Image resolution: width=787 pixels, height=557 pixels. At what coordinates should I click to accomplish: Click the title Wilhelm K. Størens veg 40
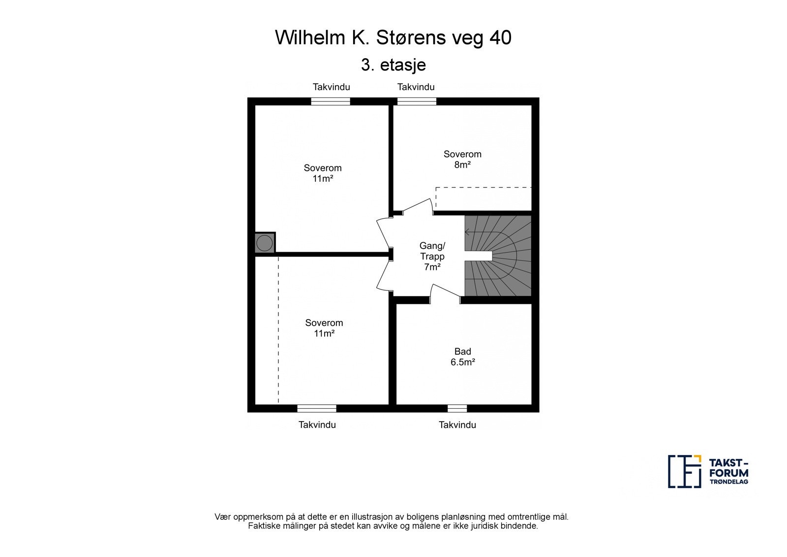pos(393,37)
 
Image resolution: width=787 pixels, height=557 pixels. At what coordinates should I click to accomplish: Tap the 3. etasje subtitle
pos(393,65)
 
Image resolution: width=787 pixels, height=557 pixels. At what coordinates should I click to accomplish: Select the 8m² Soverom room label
pos(462,159)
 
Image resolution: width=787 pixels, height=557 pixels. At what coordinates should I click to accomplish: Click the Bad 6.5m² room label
pos(463,357)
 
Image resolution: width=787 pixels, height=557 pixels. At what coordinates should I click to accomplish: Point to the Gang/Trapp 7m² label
pos(432,256)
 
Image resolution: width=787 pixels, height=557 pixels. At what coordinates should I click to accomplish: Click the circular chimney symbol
pos(264,243)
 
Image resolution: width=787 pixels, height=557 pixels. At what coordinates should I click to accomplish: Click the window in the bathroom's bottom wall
pos(457,408)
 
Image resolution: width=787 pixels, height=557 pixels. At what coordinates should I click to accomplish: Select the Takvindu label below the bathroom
pos(457,425)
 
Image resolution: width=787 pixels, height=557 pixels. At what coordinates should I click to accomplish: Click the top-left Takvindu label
pos(332,87)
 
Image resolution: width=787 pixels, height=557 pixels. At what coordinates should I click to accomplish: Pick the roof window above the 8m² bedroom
pos(417,101)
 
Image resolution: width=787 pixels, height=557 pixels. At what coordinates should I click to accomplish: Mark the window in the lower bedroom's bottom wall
pos(317,408)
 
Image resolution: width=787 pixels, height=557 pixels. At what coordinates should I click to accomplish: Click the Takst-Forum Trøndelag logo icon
pos(684,471)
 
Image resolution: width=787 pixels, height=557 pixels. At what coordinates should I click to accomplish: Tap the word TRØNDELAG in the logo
pos(728,482)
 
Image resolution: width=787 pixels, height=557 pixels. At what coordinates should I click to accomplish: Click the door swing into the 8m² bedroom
pos(418,206)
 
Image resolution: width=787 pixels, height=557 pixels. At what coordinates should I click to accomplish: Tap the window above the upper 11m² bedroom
pos(331,101)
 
